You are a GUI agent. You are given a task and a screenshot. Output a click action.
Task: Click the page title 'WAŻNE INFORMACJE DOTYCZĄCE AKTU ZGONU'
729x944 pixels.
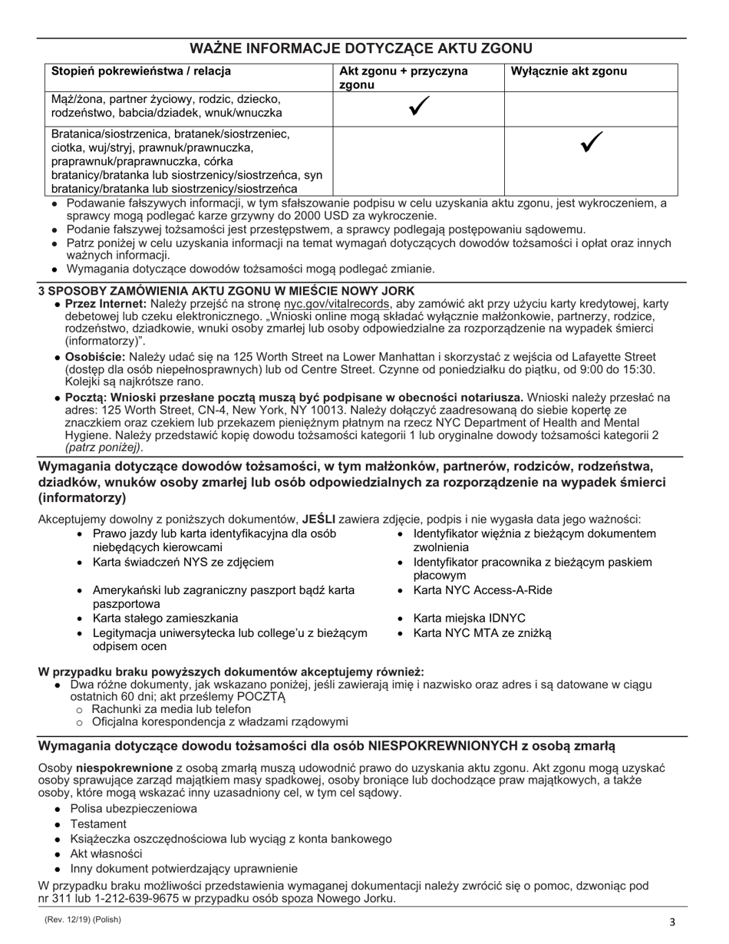coord(363,48)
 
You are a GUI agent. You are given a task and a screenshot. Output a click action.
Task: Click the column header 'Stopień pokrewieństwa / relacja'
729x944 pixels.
coord(140,72)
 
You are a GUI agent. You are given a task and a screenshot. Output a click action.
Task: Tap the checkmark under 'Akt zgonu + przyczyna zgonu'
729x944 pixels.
coord(418,108)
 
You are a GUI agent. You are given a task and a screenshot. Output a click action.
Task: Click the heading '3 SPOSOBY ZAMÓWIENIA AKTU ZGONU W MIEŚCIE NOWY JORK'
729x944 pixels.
coord(226,291)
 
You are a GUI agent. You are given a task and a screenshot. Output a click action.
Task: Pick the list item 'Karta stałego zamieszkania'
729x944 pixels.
coord(165,619)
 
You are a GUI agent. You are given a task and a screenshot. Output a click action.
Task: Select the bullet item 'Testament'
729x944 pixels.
coord(98,824)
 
